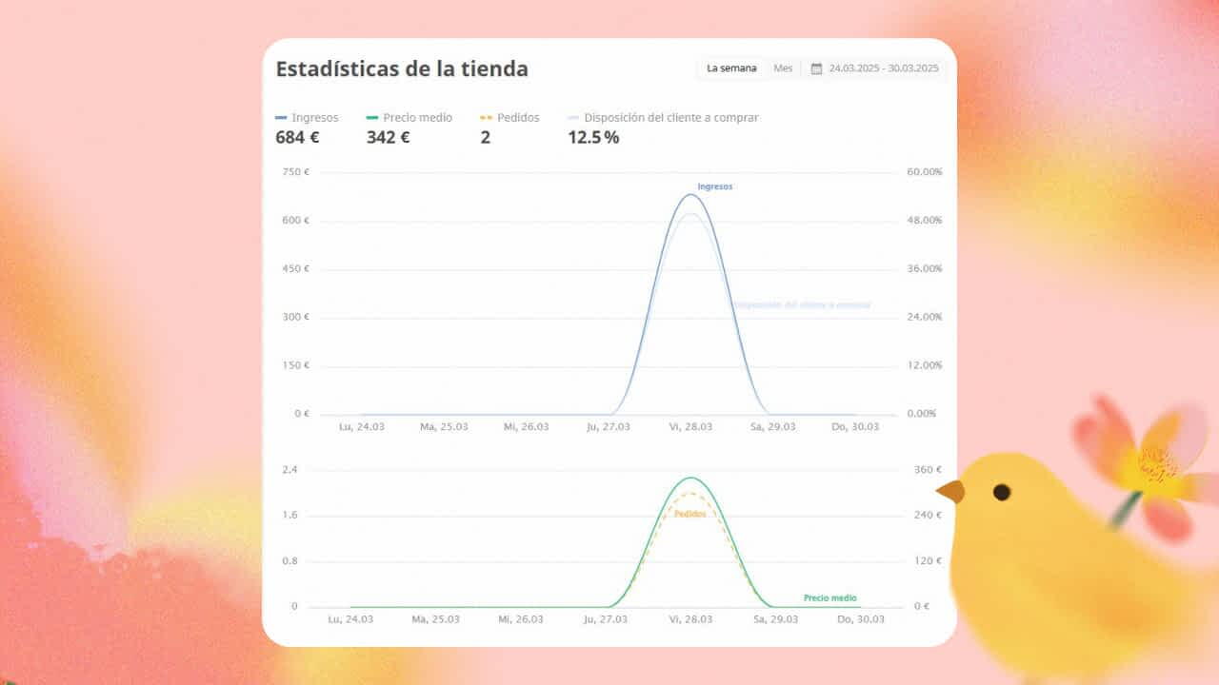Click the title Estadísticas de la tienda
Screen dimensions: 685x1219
(402, 69)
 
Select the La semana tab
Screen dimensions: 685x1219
(731, 68)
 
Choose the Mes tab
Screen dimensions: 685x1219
(783, 68)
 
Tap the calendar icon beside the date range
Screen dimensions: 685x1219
(816, 68)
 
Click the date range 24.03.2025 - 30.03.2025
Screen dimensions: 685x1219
(884, 68)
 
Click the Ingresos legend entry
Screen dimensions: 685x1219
(308, 118)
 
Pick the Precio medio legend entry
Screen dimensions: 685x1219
(410, 118)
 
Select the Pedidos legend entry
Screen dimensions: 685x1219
(510, 118)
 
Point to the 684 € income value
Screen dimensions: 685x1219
(297, 137)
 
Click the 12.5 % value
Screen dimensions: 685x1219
(593, 137)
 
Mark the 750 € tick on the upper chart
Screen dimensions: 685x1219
(296, 172)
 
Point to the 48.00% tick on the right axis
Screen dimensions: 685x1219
(923, 221)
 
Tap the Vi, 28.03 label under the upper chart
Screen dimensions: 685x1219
(690, 427)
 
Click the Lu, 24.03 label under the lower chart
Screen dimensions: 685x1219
(350, 619)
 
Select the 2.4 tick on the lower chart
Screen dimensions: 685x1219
(290, 470)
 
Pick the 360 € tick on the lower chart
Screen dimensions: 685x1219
(928, 470)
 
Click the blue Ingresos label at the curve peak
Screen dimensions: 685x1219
(714, 186)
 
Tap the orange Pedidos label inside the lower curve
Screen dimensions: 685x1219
(689, 514)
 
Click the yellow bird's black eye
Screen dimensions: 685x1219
(1002, 492)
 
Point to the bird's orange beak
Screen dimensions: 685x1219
(949, 491)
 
